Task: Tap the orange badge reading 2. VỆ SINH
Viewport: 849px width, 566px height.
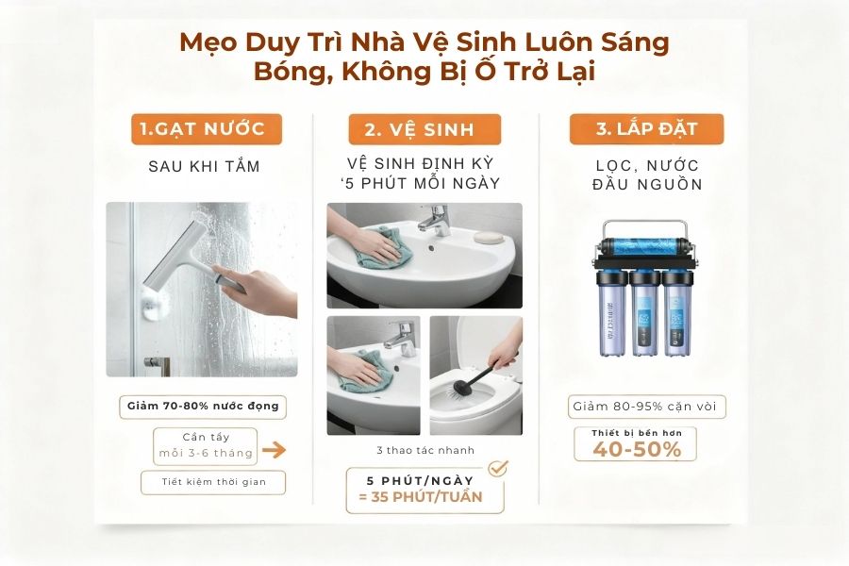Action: [x=424, y=129]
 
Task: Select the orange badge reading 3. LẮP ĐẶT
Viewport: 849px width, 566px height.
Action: [x=646, y=129]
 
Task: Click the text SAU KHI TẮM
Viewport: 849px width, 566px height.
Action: [x=204, y=167]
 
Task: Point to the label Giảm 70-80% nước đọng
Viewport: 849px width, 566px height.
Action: [x=204, y=408]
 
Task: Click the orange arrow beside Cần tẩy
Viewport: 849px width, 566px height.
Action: [x=274, y=450]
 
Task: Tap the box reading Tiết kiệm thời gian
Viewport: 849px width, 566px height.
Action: [x=212, y=482]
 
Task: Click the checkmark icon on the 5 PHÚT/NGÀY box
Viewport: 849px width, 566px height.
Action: [x=496, y=468]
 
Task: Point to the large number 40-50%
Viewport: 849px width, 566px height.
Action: [x=637, y=449]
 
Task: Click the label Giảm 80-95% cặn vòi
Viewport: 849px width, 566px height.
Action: [x=647, y=408]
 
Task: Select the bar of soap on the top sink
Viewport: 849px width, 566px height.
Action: [x=488, y=234]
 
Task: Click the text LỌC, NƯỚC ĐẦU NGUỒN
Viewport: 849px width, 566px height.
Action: [x=646, y=175]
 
